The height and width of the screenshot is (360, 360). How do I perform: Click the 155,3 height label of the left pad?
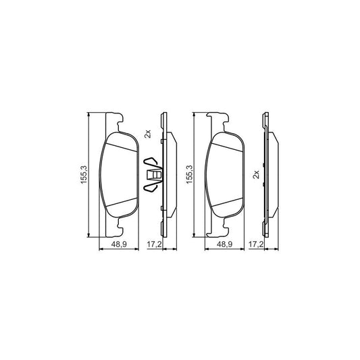tap(83, 175)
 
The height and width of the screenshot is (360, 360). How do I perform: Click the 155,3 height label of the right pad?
tap(189, 175)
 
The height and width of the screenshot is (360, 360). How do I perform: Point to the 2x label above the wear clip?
tap(147, 135)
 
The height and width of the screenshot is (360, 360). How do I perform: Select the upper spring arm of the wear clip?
tap(153, 163)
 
